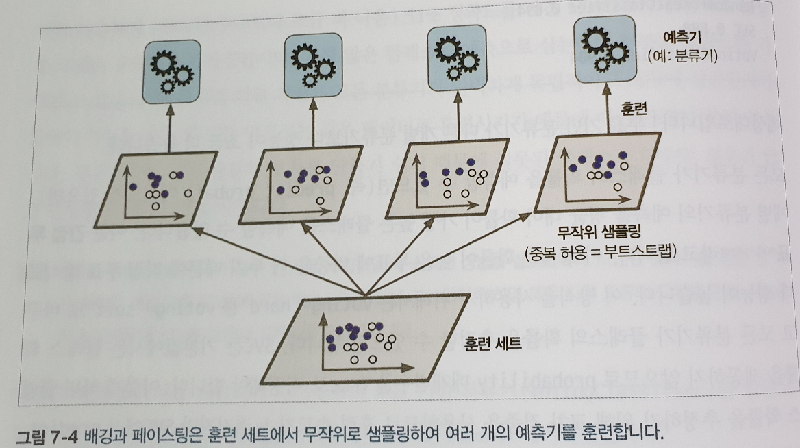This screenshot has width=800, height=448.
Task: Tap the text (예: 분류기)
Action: click(x=682, y=58)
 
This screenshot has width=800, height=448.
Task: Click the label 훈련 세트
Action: click(x=493, y=343)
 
